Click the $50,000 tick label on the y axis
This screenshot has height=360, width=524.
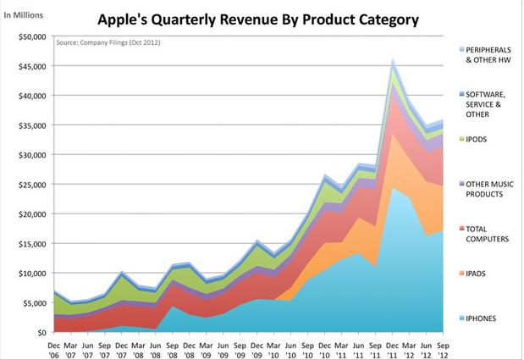(x=30, y=37)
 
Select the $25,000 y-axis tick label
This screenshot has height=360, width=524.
(x=30, y=185)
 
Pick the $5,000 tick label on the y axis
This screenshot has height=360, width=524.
(x=32, y=303)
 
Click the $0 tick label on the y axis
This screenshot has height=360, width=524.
(x=40, y=333)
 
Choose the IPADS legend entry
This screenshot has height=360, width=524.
(x=478, y=274)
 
